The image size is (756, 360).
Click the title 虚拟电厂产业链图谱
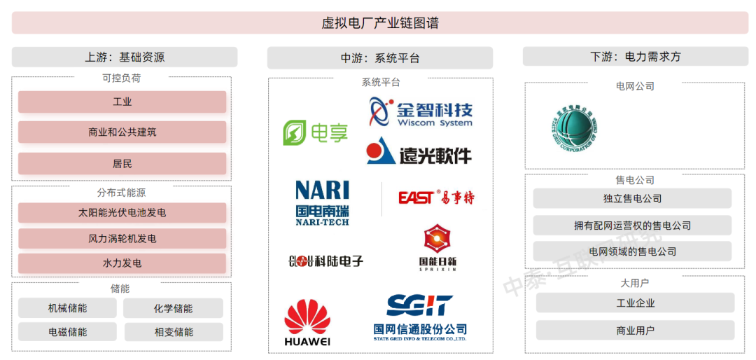pyautogui.click(x=380, y=23)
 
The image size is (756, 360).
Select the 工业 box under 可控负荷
pyautogui.click(x=122, y=102)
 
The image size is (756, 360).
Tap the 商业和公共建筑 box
pyautogui.click(x=122, y=132)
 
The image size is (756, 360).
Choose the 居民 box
pyautogui.click(x=122, y=164)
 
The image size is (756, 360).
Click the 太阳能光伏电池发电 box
pyautogui.click(x=122, y=213)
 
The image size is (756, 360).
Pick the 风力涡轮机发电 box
pyautogui.click(x=122, y=239)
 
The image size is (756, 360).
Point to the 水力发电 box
pyautogui.click(x=122, y=263)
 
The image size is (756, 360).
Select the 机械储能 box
pyautogui.click(x=68, y=308)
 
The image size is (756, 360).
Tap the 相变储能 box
pyautogui.click(x=174, y=332)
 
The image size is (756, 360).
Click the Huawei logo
pyautogui.click(x=307, y=323)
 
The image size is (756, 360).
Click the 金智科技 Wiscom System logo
pyautogui.click(x=421, y=112)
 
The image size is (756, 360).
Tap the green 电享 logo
pyautogui.click(x=315, y=132)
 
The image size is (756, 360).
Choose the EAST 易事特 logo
pyautogui.click(x=435, y=198)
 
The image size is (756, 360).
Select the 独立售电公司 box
pyautogui.click(x=632, y=199)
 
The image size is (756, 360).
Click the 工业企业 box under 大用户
pyautogui.click(x=635, y=303)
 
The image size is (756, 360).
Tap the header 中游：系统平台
pyautogui.click(x=380, y=58)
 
